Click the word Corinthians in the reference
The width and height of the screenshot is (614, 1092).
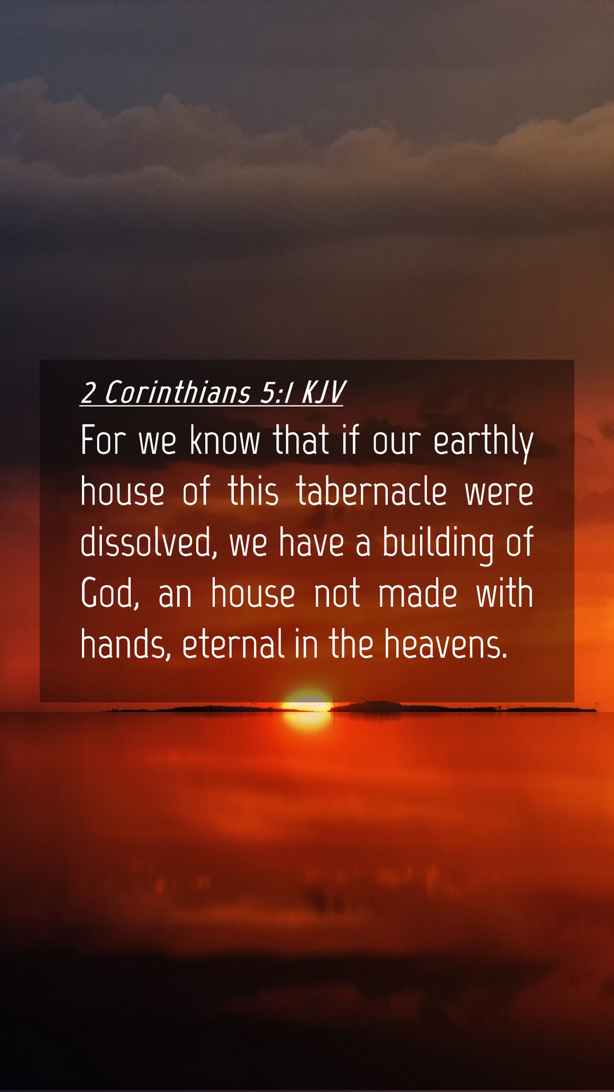click(x=177, y=393)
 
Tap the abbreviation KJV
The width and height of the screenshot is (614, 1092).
click(x=323, y=393)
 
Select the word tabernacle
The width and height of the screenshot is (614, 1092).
click(x=371, y=491)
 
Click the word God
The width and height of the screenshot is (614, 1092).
click(x=110, y=594)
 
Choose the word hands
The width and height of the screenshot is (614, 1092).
click(x=126, y=644)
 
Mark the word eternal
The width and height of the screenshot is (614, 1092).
click(x=234, y=644)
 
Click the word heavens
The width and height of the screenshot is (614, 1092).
click(x=445, y=644)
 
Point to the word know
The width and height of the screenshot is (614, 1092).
click(x=225, y=440)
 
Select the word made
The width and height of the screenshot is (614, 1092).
click(x=418, y=593)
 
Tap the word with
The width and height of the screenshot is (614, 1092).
click(x=504, y=593)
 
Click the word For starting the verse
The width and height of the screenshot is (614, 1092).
click(x=103, y=440)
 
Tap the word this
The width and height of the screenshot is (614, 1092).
click(x=254, y=491)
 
